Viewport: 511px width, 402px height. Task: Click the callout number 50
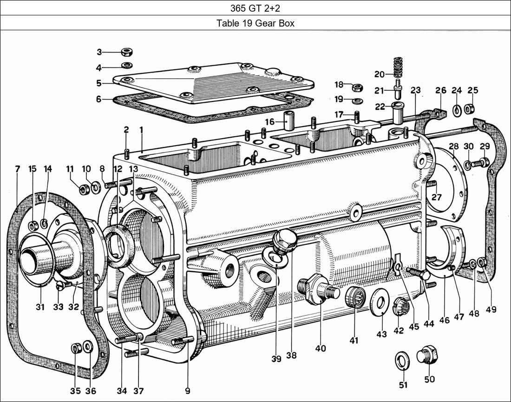tap(429, 379)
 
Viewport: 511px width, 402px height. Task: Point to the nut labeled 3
tap(125, 52)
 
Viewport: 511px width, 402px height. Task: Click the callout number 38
tap(291, 355)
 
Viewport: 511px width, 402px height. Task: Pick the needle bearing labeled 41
tap(355, 297)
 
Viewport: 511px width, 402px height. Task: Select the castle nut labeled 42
tap(401, 307)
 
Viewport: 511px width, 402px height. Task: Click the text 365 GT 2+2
tap(255, 7)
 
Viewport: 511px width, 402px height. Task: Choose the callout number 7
tap(18, 169)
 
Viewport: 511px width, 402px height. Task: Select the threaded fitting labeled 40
tap(317, 288)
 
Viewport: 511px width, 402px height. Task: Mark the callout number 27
tap(436, 197)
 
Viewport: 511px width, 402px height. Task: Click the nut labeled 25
tap(470, 110)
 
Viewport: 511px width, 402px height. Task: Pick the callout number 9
tap(187, 391)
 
